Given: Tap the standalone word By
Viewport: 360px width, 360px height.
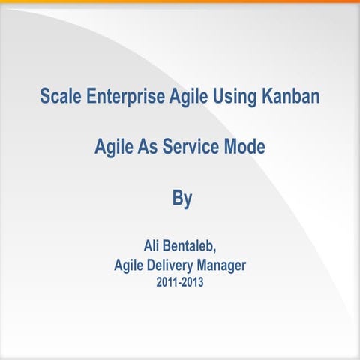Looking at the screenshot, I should coord(182,199).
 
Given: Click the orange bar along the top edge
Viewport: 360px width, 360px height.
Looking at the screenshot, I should coord(180,1).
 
